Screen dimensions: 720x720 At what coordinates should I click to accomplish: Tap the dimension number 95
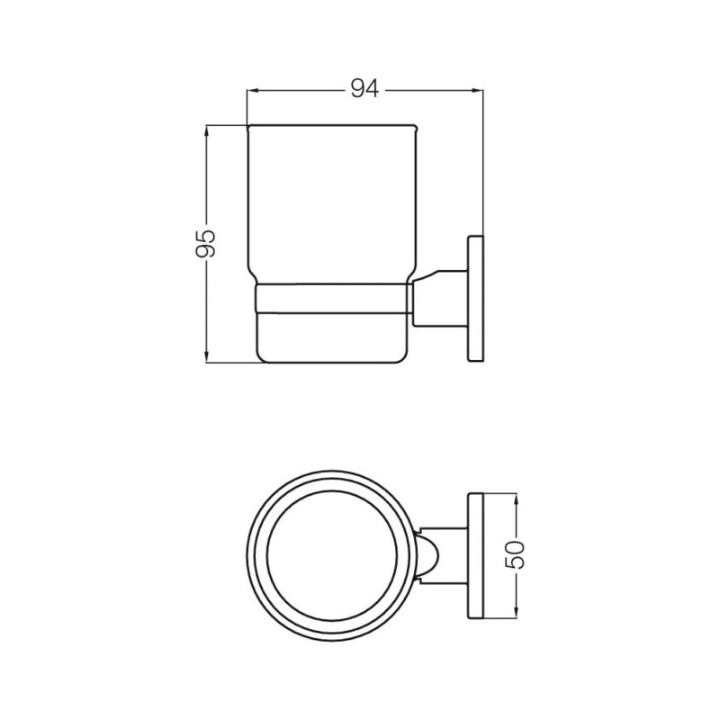point(206,243)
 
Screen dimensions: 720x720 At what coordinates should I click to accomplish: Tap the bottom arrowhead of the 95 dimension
point(207,357)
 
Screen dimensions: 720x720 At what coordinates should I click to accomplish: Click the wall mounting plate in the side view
point(474,300)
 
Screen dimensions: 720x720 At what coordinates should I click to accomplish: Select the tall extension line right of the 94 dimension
point(483,162)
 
